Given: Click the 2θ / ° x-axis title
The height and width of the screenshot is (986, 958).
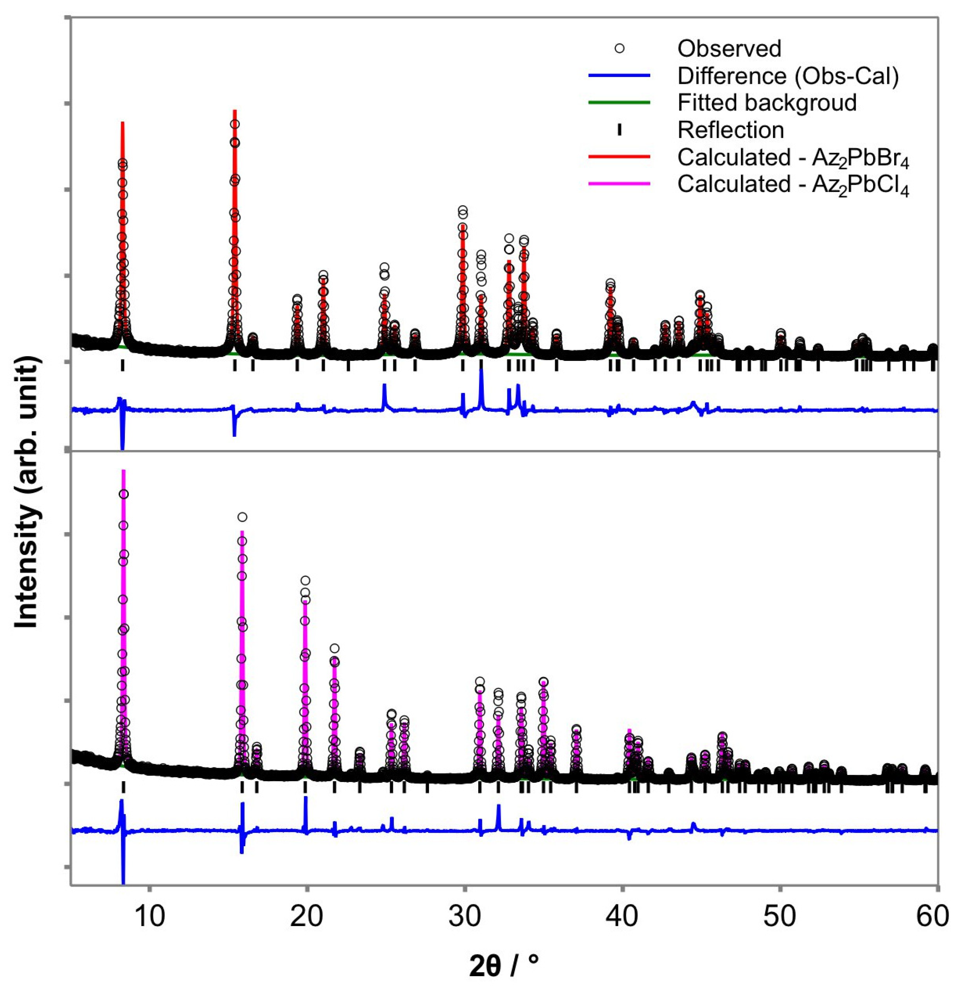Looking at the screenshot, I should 504,964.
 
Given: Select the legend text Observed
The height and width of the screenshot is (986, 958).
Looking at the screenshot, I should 729,49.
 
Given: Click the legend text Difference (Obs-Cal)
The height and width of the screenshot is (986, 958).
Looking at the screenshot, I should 788,76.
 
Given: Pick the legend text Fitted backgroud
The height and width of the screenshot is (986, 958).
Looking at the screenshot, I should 767,103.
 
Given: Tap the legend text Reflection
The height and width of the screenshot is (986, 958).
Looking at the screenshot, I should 730,130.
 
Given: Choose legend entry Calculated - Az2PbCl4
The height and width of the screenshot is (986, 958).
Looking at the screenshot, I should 793,186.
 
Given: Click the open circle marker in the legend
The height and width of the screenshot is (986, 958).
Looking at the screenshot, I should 620,49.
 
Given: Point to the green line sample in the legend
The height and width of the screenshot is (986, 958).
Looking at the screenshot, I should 619,103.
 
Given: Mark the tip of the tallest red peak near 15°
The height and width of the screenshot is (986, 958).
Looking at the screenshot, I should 234,111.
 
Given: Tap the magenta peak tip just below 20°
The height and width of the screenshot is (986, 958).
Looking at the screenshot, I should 305,602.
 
